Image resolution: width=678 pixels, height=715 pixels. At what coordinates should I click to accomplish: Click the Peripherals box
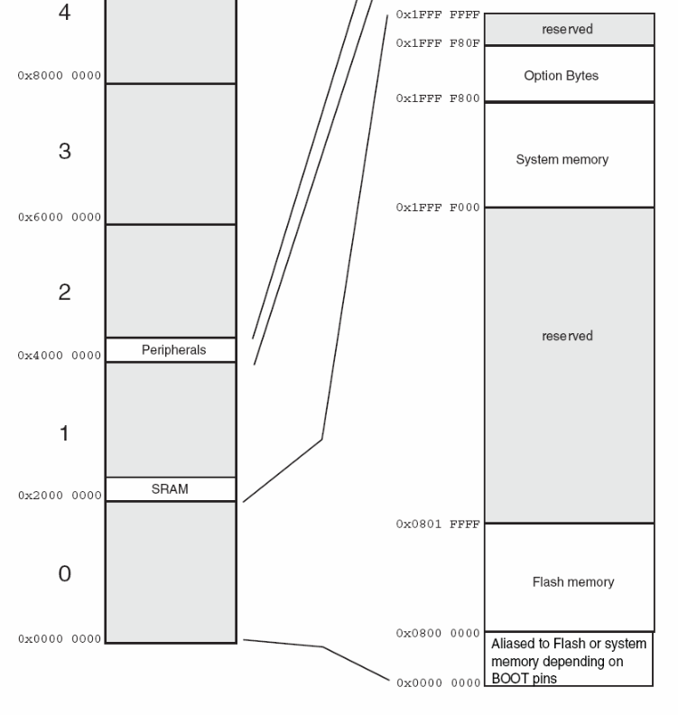point(173,350)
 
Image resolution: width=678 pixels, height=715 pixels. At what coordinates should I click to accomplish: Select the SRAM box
point(170,489)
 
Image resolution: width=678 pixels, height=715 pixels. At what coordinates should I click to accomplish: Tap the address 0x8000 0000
point(60,76)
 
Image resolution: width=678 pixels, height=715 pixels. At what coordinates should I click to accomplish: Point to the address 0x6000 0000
point(60,218)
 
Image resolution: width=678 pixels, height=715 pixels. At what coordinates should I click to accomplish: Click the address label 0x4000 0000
point(60,356)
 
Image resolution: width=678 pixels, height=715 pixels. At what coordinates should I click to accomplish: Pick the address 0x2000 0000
point(60,496)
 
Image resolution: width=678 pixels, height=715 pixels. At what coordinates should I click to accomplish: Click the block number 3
point(64,152)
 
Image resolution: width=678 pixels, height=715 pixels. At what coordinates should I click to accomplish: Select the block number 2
point(64,292)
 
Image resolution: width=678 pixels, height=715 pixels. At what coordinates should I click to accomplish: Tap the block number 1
point(64,433)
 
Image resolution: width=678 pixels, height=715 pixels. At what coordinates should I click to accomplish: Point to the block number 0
point(64,574)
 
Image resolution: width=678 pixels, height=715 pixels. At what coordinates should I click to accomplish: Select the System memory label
point(562,160)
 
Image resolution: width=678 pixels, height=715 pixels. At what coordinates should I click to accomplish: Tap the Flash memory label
point(572,582)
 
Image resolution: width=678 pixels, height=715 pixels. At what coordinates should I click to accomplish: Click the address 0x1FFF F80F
point(438,42)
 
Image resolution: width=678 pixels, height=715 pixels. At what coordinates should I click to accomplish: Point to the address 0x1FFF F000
point(438,208)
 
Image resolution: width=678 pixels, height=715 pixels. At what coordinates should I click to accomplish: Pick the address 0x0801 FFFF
point(438,525)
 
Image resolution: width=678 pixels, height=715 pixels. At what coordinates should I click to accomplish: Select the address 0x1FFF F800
point(438,98)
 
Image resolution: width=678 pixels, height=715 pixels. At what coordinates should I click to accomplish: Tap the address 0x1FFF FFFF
point(438,15)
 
